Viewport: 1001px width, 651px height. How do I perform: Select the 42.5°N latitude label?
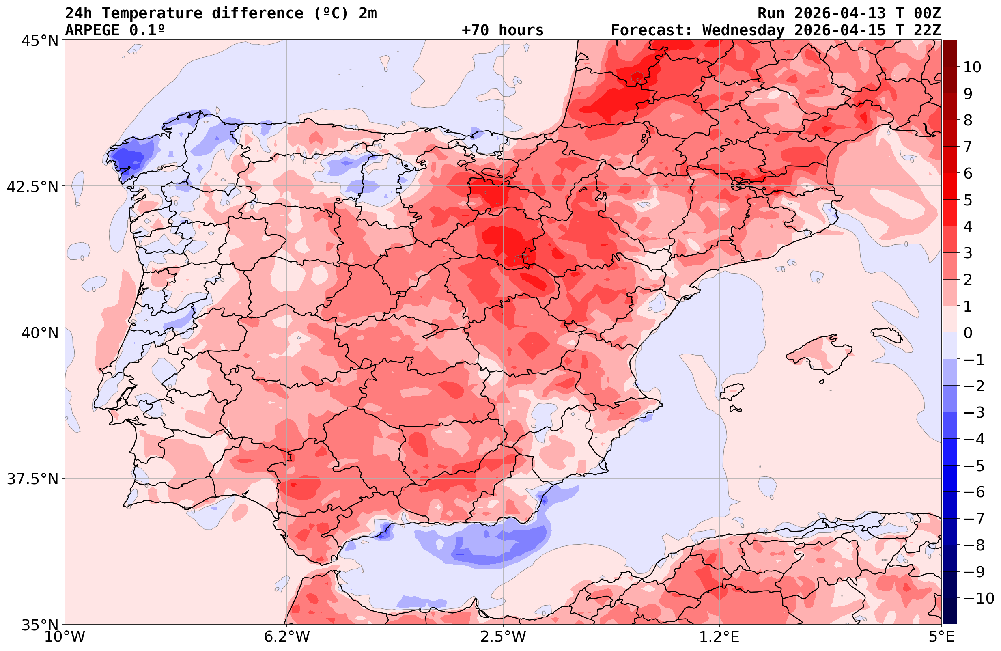coord(32,187)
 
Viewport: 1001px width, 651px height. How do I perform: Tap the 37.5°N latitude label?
coord(32,479)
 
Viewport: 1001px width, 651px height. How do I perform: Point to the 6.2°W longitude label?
coord(287,637)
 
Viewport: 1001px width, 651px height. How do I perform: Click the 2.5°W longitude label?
coord(503,637)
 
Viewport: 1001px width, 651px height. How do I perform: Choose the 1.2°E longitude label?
coord(719,637)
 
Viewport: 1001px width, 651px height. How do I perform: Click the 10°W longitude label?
coord(65,637)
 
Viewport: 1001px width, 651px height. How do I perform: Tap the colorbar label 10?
coord(972,67)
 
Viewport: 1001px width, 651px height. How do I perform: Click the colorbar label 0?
coord(968,333)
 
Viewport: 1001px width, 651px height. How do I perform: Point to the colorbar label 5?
coord(968,200)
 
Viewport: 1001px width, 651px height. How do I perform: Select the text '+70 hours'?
coord(503,30)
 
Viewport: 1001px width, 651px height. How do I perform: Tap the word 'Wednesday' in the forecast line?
coord(743,30)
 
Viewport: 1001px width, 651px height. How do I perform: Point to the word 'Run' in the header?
coord(771,13)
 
